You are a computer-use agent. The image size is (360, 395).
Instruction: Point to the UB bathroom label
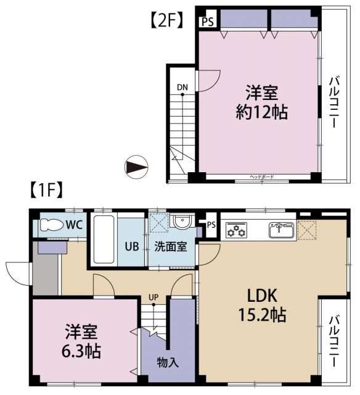[131, 246]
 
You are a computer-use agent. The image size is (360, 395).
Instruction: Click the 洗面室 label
[171, 246]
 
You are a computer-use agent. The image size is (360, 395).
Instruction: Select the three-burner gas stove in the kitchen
[236, 231]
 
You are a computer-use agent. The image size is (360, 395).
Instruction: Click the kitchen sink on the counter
[280, 231]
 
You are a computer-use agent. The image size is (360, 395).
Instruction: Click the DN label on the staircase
[182, 87]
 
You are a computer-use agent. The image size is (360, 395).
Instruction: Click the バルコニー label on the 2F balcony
[333, 102]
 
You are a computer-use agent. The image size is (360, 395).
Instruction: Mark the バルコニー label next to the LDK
[333, 341]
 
